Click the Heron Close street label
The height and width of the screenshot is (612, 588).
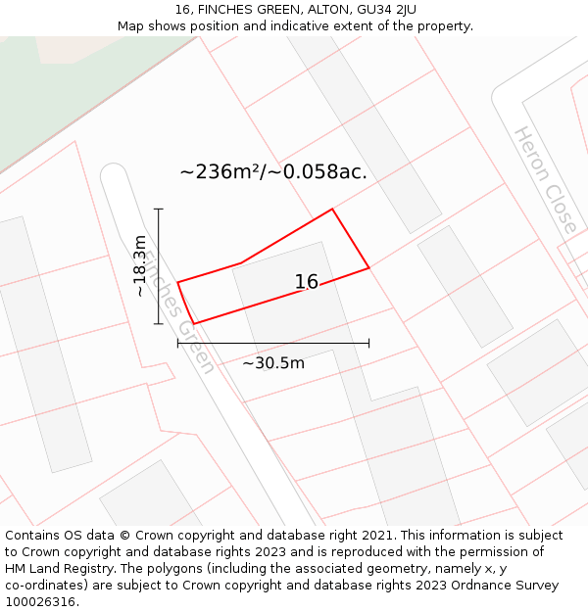[546, 180]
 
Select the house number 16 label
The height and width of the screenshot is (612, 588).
[307, 282]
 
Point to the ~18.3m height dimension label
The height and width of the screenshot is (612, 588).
[140, 265]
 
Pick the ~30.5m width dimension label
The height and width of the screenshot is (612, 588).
[273, 363]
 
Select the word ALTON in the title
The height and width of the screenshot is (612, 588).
[311, 10]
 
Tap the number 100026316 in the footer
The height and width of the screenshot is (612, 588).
[39, 601]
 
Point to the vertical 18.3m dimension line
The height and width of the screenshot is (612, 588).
[158, 265]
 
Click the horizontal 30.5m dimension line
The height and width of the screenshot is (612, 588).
[272, 343]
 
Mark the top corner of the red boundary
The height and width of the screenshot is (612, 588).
[332, 209]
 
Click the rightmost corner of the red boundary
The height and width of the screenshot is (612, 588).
[368, 267]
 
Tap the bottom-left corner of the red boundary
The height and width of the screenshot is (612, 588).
[194, 323]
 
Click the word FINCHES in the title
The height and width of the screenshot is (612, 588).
[228, 10]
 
